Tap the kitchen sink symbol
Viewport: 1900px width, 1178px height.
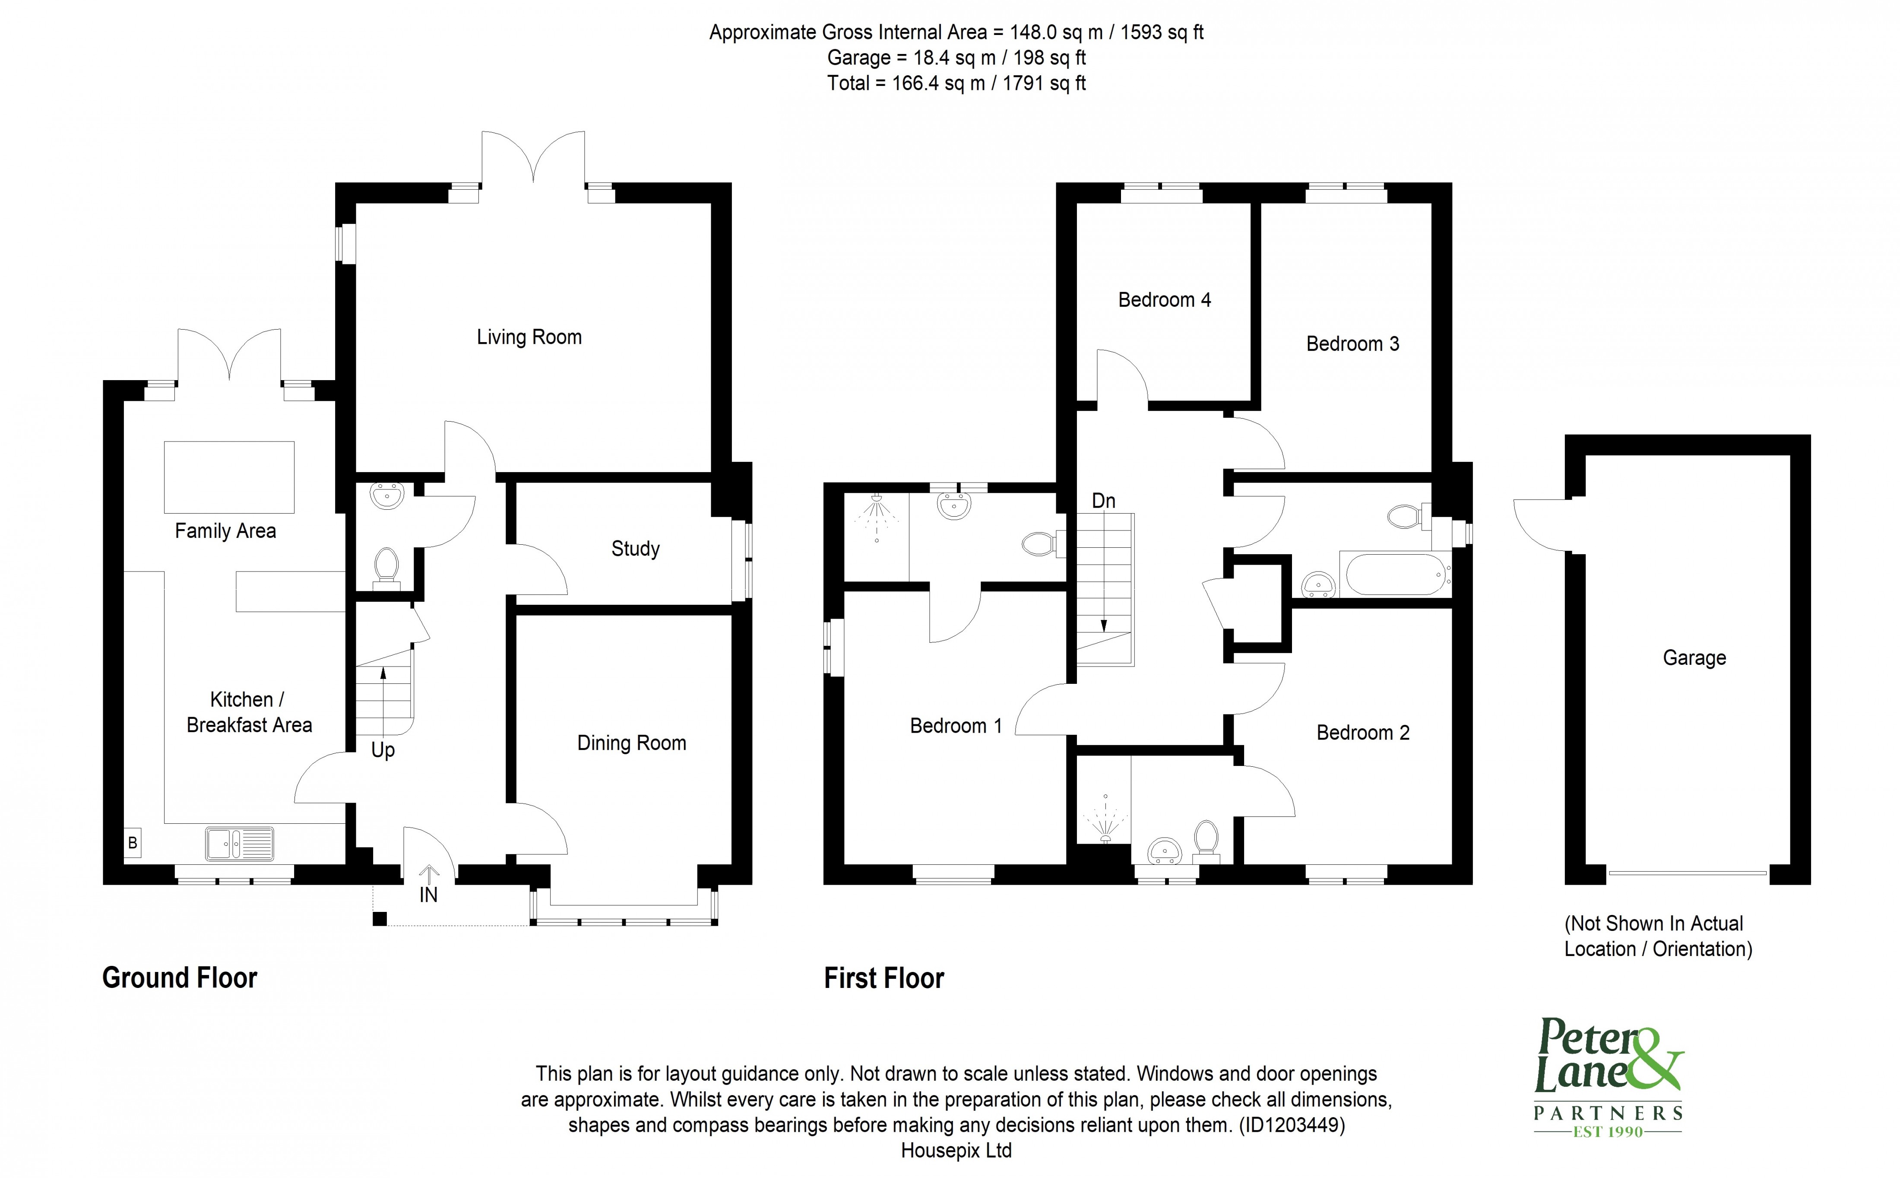pyautogui.click(x=239, y=844)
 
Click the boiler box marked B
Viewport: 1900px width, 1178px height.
pyautogui.click(x=133, y=842)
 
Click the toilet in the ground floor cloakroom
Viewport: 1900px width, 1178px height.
pyautogui.click(x=386, y=565)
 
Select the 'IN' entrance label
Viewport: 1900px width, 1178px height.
pyautogui.click(x=428, y=895)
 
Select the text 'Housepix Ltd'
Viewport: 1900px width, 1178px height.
pyautogui.click(x=956, y=1151)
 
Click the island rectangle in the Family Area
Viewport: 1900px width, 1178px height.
pyautogui.click(x=229, y=477)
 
